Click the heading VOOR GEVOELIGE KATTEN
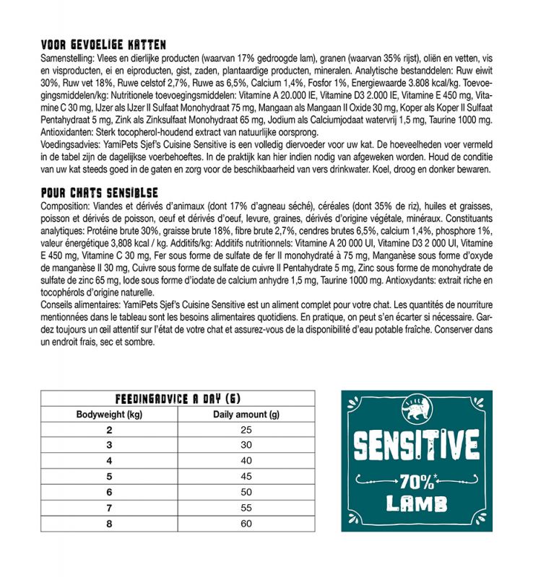click(104, 45)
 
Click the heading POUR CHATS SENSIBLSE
click(100, 194)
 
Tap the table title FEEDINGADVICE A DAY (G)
click(178, 400)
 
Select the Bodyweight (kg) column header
click(109, 415)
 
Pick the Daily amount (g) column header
click(246, 415)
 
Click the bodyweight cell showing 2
click(109, 430)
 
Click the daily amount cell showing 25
click(246, 430)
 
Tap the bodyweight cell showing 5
click(109, 476)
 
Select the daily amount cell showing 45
click(246, 476)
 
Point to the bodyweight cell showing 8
click(109, 523)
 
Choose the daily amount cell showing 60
click(246, 523)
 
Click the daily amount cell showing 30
click(246, 445)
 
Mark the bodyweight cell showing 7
click(109, 507)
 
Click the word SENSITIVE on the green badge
click(417, 446)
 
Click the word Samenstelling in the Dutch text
click(68, 56)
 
